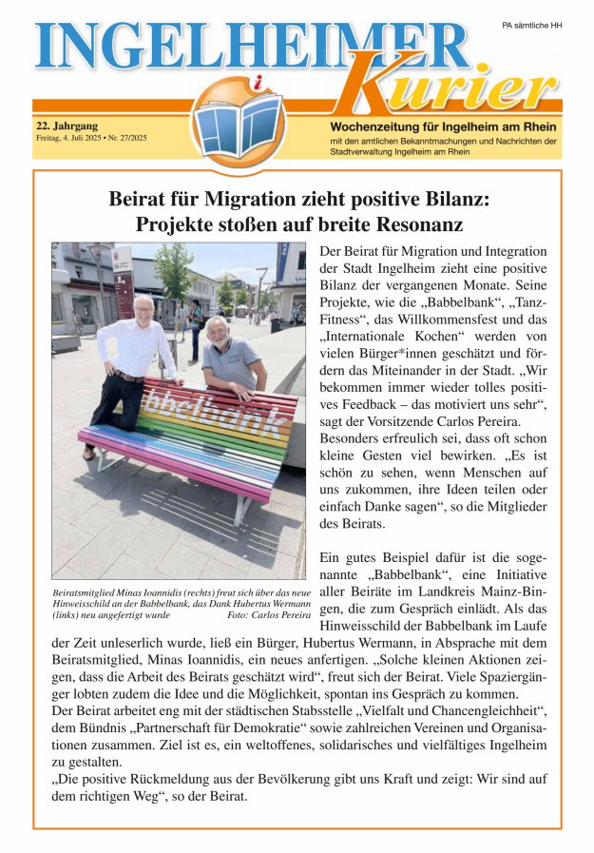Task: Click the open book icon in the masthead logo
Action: (x=237, y=126)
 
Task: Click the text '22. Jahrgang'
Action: (x=67, y=126)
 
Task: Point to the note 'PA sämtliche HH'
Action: (x=531, y=25)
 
